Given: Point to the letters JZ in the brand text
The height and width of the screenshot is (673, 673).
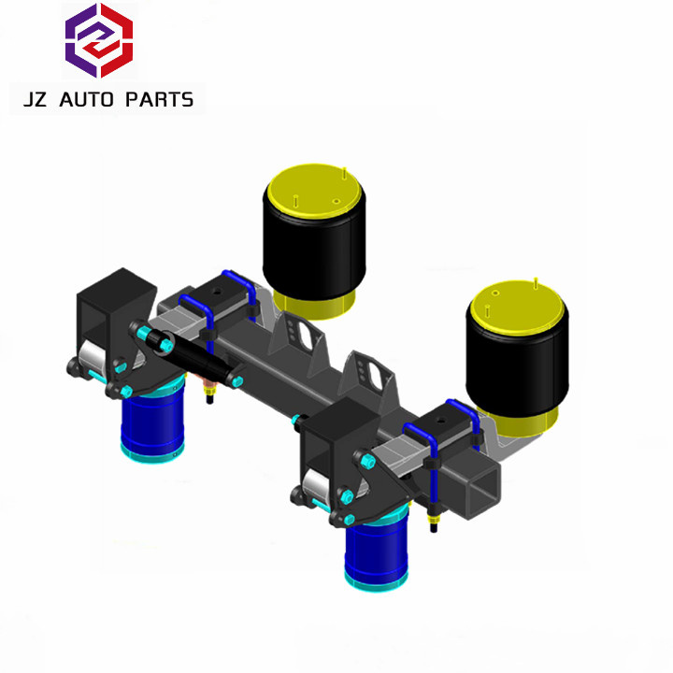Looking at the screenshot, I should click(x=38, y=99).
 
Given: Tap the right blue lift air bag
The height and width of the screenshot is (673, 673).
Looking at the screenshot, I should click(x=378, y=551).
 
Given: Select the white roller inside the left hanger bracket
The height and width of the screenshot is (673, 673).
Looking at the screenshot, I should click(x=93, y=354).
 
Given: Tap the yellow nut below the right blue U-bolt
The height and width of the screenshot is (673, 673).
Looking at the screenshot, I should click(x=435, y=512).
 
